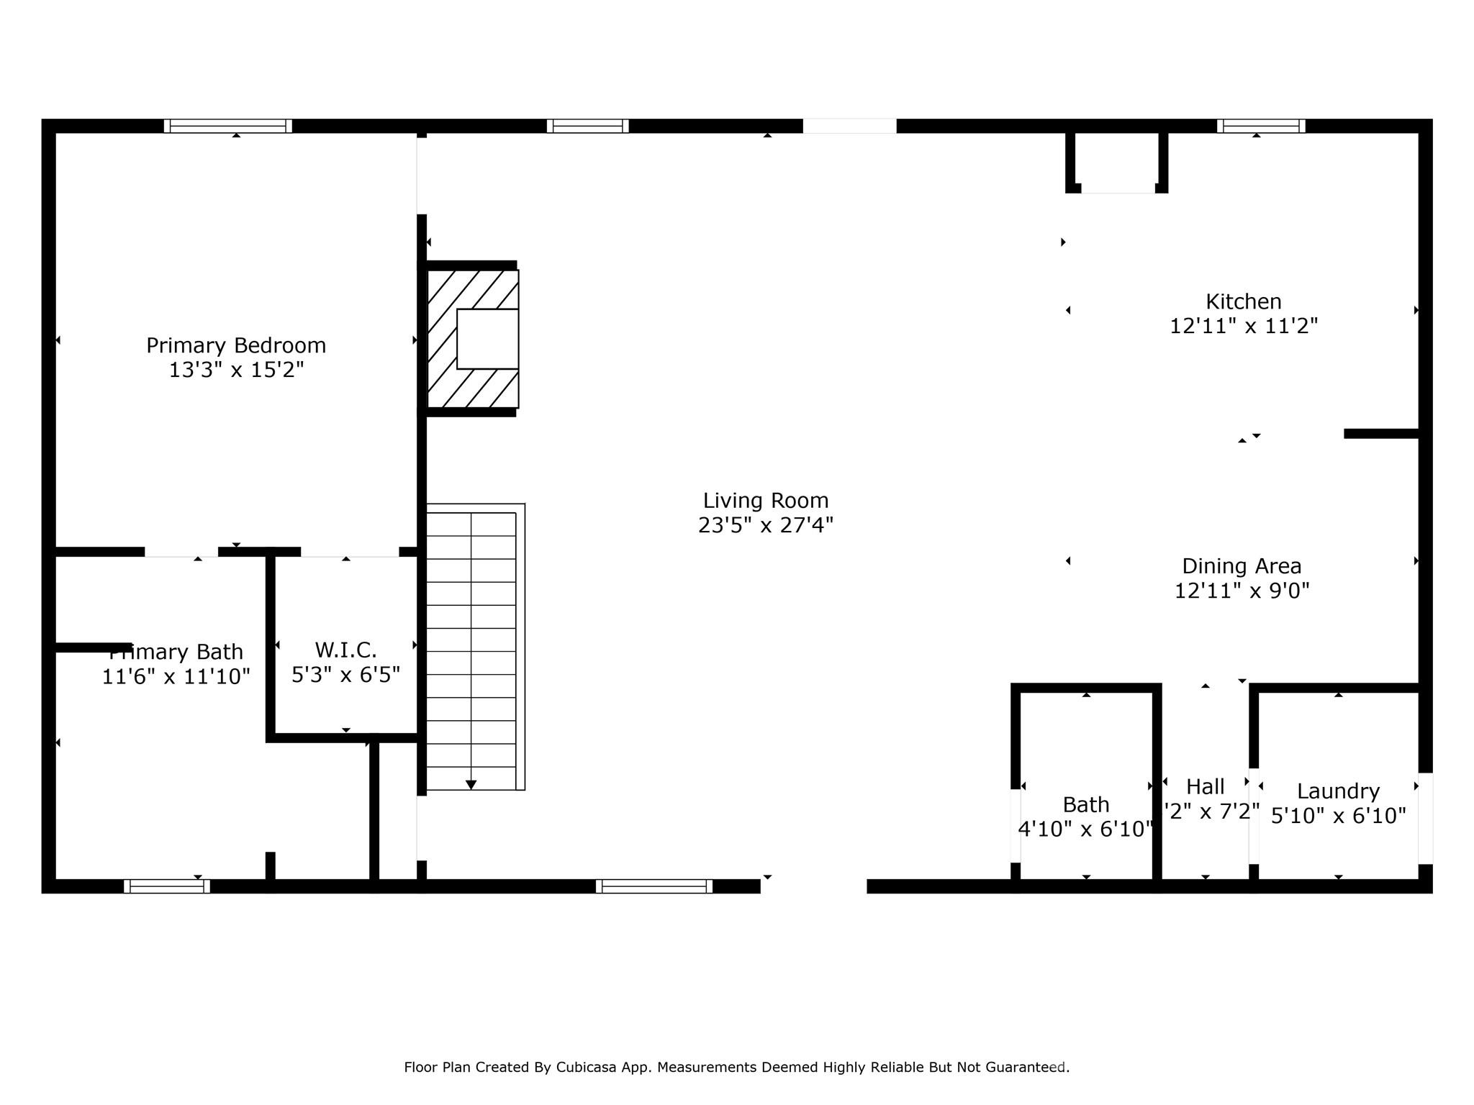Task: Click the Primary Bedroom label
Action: (236, 345)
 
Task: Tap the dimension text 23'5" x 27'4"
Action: (765, 526)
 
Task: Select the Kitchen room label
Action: (1243, 301)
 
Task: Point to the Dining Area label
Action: (1242, 566)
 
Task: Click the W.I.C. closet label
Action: (345, 650)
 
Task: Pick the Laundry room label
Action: (1338, 791)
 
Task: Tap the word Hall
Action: (1205, 786)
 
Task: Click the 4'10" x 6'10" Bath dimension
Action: (1085, 829)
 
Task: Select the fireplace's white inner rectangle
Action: (487, 339)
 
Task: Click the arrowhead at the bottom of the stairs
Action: (471, 785)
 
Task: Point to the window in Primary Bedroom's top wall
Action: (227, 126)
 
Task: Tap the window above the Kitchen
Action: (1261, 126)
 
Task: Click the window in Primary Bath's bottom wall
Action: (167, 886)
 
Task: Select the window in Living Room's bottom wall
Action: (654, 886)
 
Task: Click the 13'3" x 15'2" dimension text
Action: (236, 370)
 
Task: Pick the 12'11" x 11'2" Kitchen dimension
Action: (1243, 327)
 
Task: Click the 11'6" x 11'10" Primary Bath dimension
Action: (176, 677)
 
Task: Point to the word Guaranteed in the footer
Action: (1026, 1068)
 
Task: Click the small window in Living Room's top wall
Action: (587, 126)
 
